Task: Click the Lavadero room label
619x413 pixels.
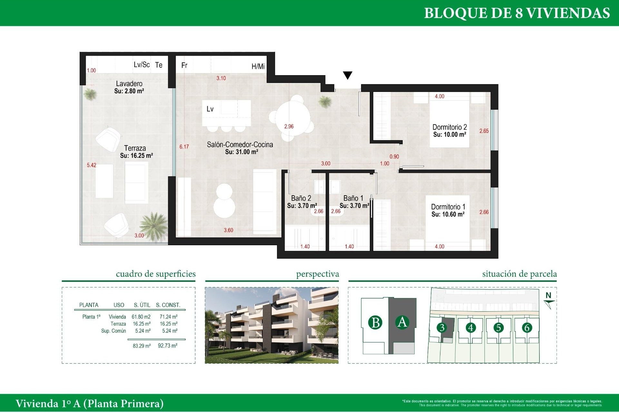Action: [129, 84]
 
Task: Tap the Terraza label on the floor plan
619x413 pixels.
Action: [135, 148]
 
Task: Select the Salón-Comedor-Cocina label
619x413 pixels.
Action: [240, 145]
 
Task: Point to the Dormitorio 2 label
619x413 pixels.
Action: [449, 127]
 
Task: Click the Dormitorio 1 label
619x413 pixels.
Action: [448, 207]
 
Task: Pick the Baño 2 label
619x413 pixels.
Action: [301, 198]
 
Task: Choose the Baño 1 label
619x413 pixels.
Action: [353, 198]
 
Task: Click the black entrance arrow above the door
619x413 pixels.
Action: [348, 75]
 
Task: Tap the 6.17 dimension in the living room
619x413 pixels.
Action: [184, 147]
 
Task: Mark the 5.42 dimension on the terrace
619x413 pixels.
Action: [92, 165]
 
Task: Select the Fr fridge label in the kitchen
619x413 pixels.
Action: [184, 65]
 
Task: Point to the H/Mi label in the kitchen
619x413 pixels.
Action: [258, 66]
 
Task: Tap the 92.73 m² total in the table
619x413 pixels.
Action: [168, 346]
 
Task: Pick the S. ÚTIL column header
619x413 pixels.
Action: [142, 305]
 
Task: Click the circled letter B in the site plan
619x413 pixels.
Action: [375, 323]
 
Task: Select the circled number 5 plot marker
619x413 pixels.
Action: [498, 328]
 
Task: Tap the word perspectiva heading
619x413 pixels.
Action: [318, 274]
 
